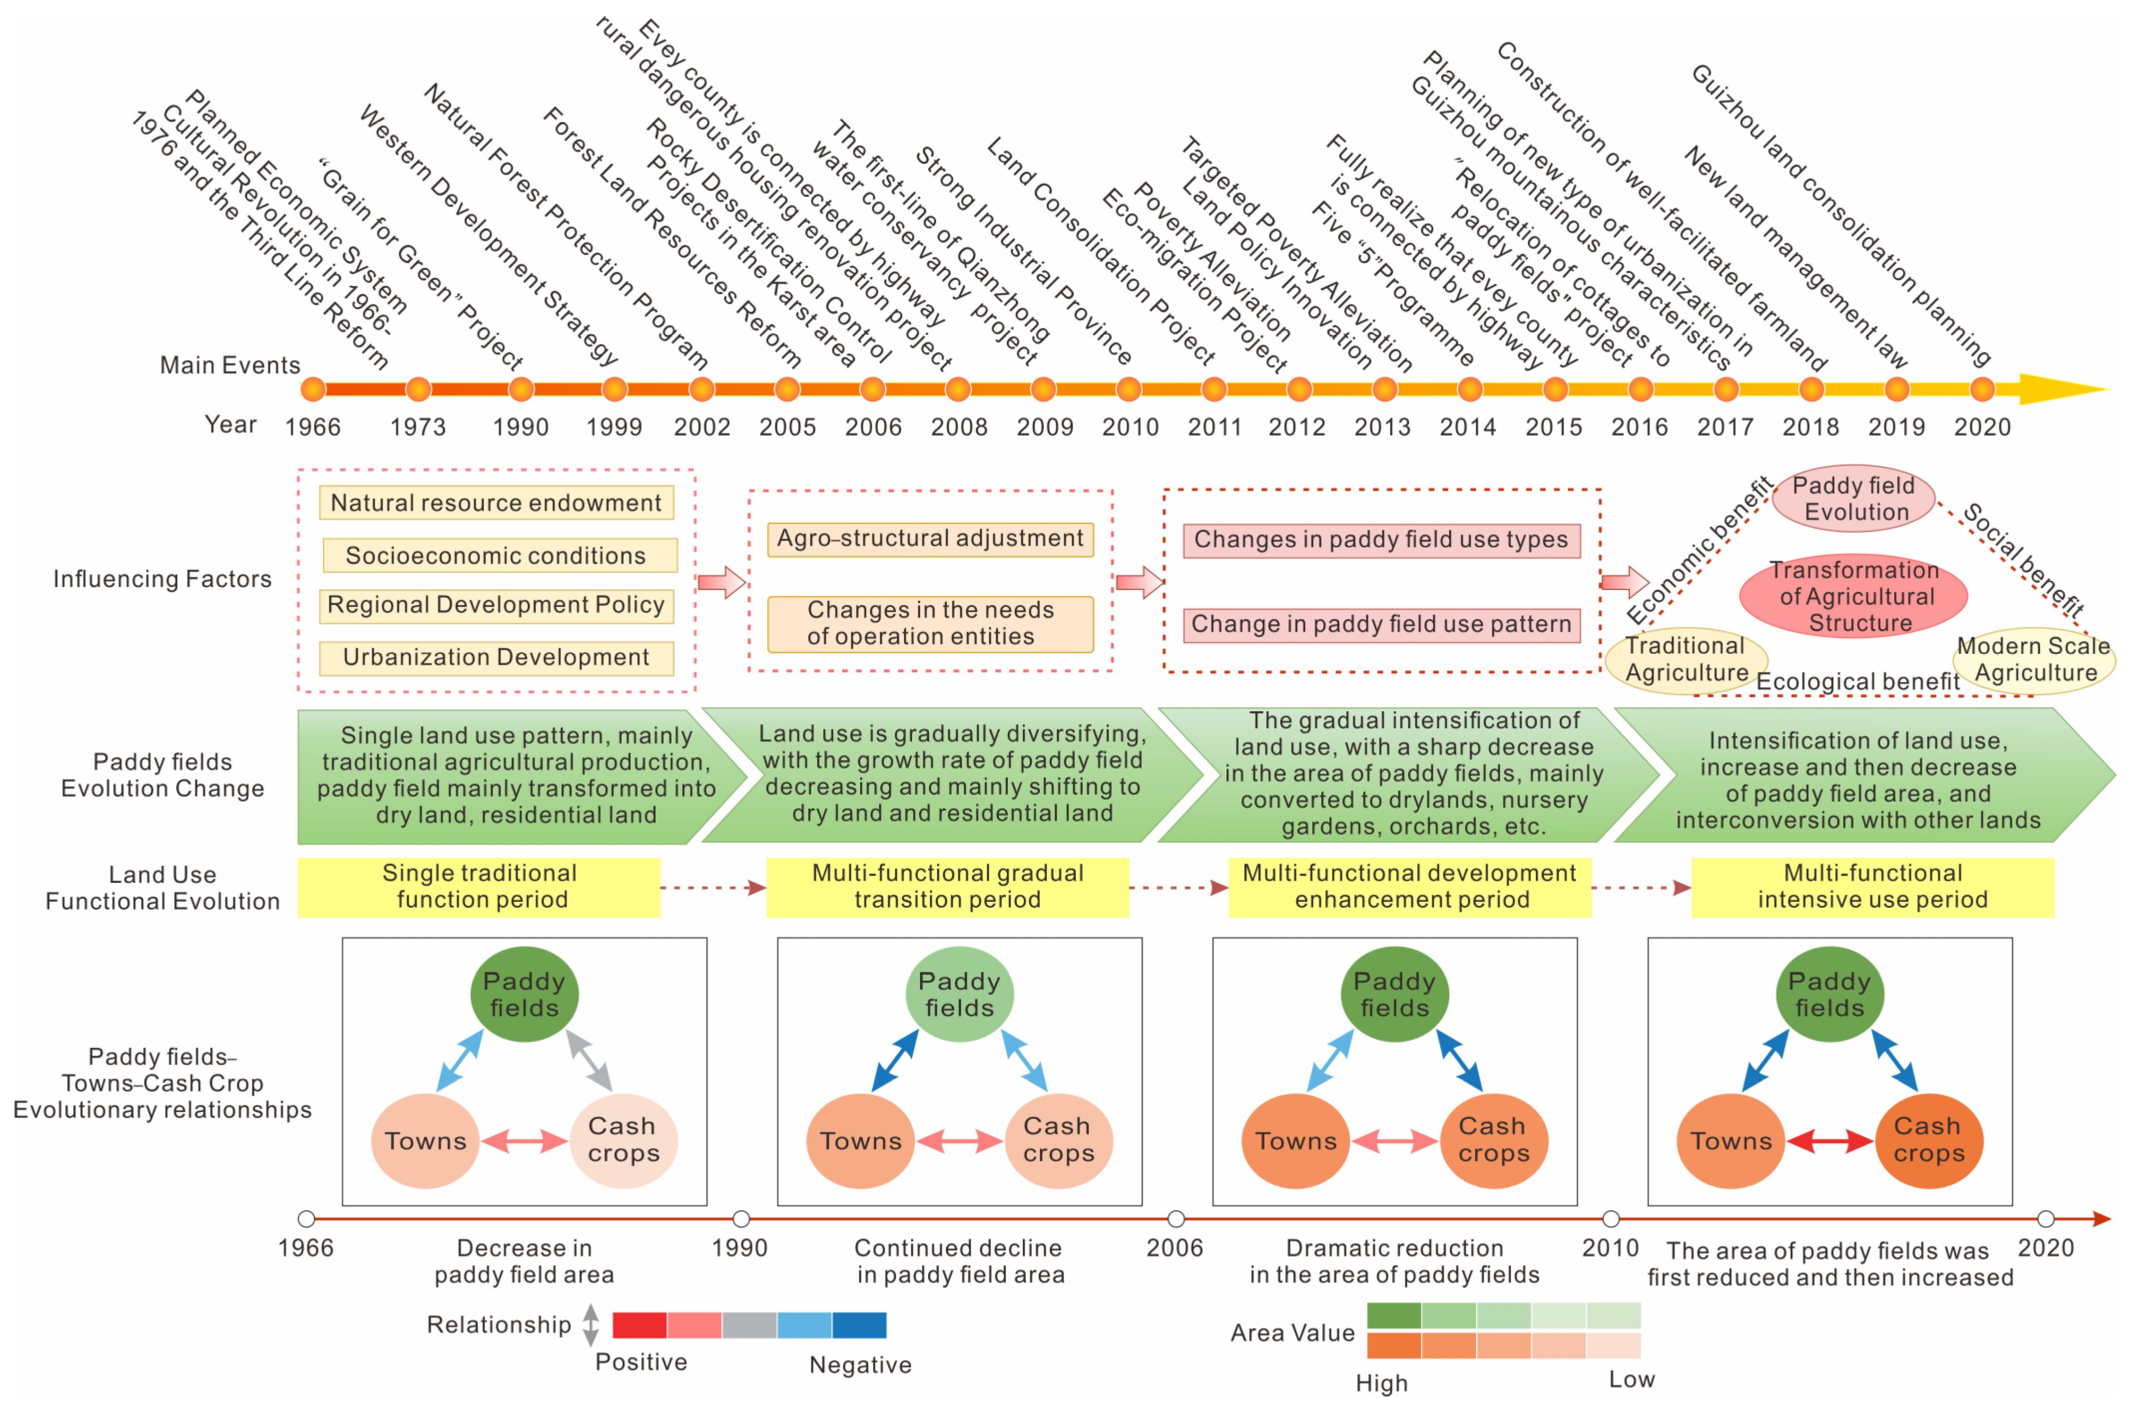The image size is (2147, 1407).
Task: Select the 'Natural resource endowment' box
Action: (x=496, y=503)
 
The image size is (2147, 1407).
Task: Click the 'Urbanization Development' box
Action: (x=496, y=657)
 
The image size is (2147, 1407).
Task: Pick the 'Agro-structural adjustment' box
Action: (x=930, y=539)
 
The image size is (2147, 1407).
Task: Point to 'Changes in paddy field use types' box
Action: (x=1381, y=540)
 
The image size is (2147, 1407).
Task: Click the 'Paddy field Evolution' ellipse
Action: (x=1854, y=498)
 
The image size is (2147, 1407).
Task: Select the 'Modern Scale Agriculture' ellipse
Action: (x=2034, y=660)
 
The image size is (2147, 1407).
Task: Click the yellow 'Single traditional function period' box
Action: (x=479, y=886)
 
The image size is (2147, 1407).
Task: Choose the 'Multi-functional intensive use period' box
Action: (x=1873, y=886)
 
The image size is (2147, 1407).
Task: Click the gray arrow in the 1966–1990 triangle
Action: (x=589, y=1060)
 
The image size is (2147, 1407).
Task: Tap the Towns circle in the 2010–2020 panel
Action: (x=1730, y=1141)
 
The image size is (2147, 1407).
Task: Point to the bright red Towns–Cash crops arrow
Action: (x=1830, y=1141)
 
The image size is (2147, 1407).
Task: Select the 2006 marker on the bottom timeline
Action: (x=1176, y=1219)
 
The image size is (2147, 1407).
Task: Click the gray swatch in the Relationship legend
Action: (x=749, y=1325)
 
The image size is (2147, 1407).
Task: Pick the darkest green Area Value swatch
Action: (x=1394, y=1315)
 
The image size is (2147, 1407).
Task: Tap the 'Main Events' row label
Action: (x=230, y=365)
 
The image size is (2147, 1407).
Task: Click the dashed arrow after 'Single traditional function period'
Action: (x=713, y=887)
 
